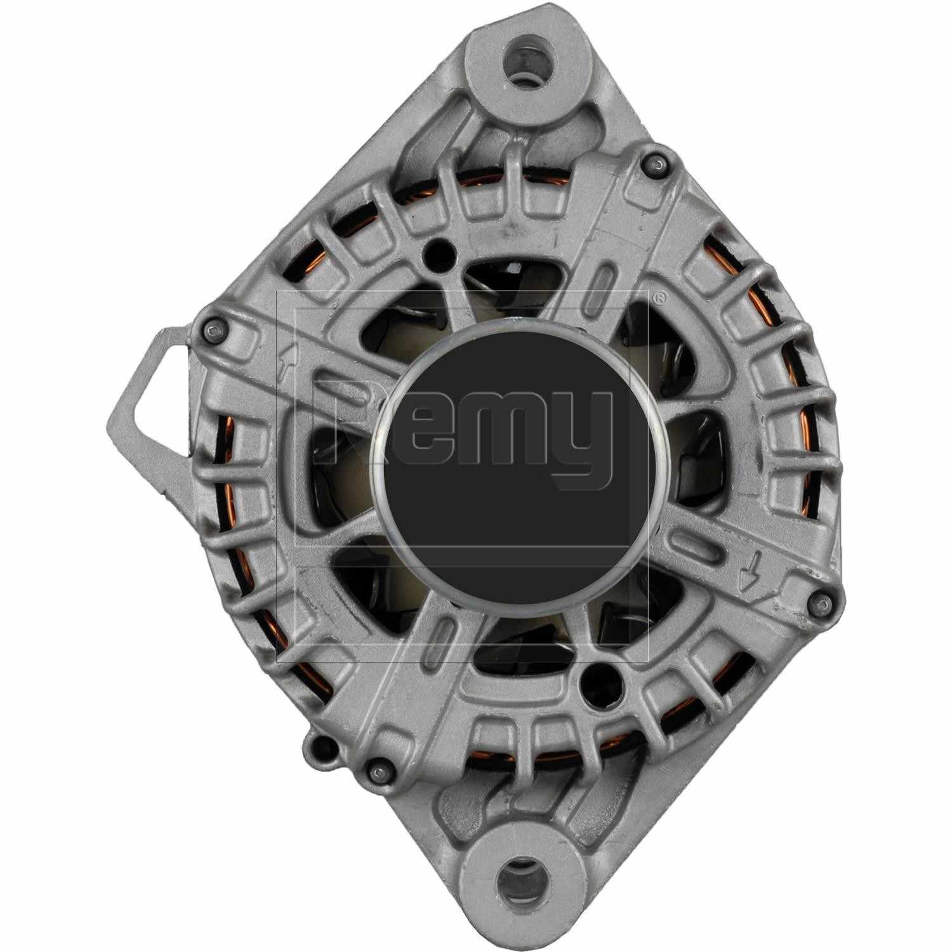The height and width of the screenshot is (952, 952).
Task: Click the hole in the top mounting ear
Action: (524, 64)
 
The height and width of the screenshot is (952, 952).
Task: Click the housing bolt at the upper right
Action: (658, 166)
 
